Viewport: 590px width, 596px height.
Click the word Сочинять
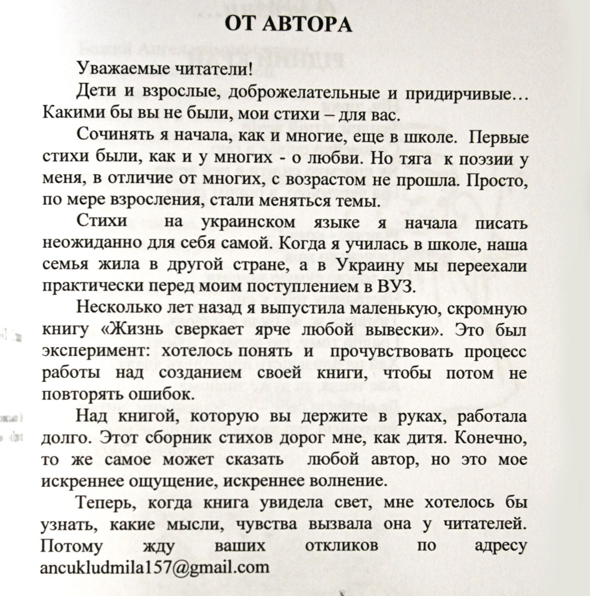(108, 135)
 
